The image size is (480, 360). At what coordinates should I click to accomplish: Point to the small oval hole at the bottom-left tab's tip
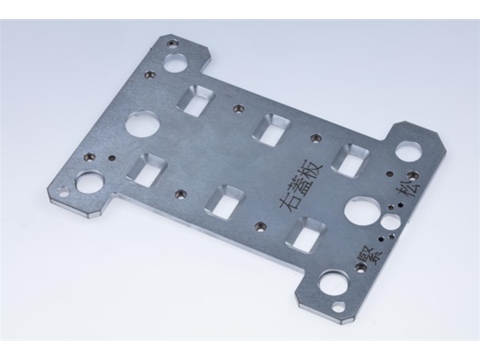62,194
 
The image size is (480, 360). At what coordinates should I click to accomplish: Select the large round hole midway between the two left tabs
142,125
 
